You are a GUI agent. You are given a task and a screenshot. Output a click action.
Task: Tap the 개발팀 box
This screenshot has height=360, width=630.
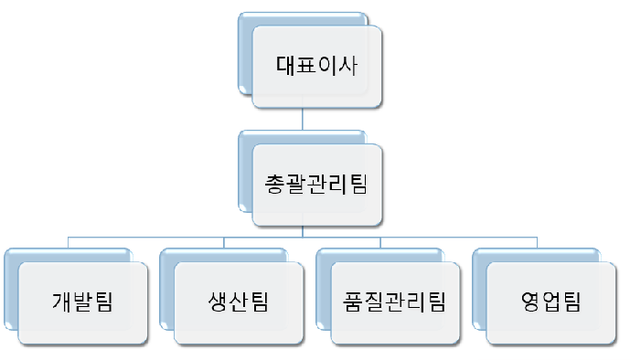(83, 302)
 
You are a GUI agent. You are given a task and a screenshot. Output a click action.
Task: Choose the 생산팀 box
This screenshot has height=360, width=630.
(239, 302)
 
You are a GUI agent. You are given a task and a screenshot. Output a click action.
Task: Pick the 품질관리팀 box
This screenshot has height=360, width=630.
(394, 302)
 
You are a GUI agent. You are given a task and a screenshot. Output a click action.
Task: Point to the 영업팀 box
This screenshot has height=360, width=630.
(550, 302)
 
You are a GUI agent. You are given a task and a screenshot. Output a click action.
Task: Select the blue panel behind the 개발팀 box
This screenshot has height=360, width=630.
(10, 292)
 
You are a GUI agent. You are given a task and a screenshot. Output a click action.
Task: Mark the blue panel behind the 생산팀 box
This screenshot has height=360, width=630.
(166, 292)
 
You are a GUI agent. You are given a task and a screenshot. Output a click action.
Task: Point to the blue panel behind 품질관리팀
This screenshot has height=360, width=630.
(322, 292)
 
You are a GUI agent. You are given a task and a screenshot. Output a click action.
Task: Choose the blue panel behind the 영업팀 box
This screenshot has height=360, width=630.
(478, 292)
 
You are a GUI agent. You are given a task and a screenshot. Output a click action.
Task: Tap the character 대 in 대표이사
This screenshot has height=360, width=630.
(286, 65)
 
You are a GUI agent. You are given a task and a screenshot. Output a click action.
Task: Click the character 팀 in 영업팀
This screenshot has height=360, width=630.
(571, 302)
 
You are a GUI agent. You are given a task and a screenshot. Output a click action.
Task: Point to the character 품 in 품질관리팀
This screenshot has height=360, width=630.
(354, 302)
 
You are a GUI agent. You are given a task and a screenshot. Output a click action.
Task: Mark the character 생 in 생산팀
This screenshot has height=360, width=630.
(219, 302)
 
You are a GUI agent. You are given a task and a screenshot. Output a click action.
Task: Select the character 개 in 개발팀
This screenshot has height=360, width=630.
(63, 302)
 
